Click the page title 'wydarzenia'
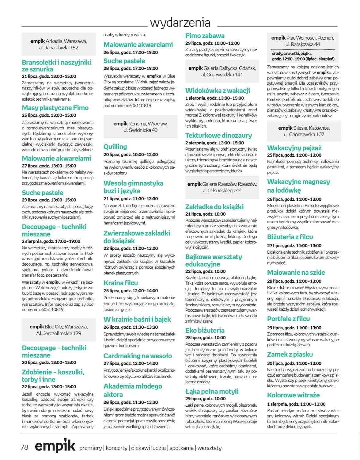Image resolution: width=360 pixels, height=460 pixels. [x=180, y=22]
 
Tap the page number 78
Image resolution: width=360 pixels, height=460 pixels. [x=25, y=447]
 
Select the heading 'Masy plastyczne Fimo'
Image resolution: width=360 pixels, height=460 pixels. [x=55, y=108]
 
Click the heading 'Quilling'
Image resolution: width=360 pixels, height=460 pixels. [x=115, y=147]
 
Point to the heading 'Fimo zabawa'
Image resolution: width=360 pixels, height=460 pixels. [x=205, y=36]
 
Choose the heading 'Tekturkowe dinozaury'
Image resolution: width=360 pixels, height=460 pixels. [x=218, y=135]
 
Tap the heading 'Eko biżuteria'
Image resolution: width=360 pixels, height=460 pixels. [x=205, y=330]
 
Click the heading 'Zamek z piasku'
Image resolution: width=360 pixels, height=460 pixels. [x=290, y=354]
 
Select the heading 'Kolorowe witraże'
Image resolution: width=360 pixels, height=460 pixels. [x=293, y=395]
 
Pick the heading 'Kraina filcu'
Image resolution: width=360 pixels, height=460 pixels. [x=121, y=283]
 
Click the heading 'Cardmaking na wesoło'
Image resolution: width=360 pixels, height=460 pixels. [x=138, y=356]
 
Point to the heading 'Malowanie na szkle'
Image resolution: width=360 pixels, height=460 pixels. [x=296, y=272]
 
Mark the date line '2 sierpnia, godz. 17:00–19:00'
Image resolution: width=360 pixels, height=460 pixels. [x=51, y=241]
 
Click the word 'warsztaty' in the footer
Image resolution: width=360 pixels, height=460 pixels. [x=210, y=448]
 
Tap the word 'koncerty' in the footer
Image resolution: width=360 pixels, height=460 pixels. [x=116, y=448]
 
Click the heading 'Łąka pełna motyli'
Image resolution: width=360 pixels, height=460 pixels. [x=212, y=391]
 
